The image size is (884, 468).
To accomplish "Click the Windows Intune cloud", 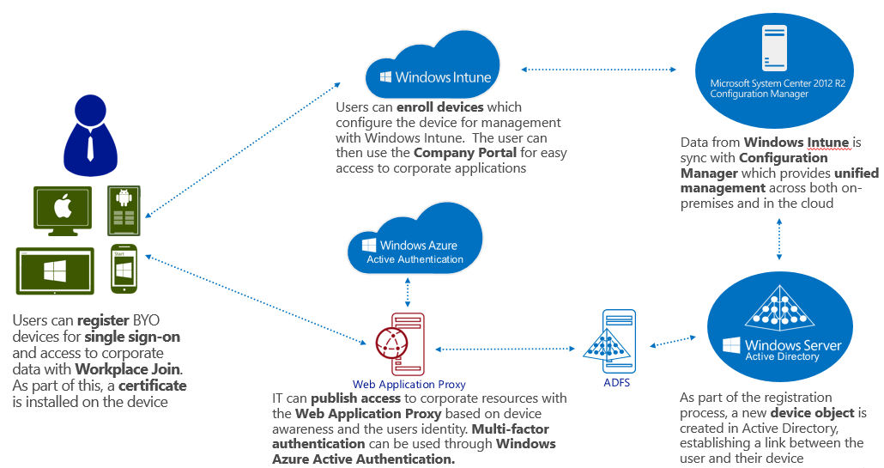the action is [433, 66].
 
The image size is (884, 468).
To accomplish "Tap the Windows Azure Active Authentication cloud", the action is [415, 242].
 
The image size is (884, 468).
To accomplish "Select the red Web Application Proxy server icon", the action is [401, 344].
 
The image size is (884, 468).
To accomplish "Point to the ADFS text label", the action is [617, 382].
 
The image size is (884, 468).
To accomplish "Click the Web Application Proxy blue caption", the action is [409, 384].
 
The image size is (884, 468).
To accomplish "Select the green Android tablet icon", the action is [124, 210].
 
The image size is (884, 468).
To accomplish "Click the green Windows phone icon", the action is [124, 269].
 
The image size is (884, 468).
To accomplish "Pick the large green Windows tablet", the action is [55, 270].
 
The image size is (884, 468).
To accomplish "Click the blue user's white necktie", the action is [90, 148].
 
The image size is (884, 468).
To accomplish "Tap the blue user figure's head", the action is [90, 111].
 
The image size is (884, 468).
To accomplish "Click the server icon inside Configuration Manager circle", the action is [774, 48].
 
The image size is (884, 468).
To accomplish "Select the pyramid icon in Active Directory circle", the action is [779, 308].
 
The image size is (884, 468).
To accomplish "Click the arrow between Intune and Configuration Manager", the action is [598, 70].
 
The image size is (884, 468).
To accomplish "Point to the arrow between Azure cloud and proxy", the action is [408, 292].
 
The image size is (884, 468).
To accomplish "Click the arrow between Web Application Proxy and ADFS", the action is [506, 349].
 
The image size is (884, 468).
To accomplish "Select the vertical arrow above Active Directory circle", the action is [779, 239].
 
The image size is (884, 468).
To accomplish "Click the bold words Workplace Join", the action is [129, 369].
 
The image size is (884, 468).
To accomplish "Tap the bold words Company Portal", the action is [465, 153].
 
